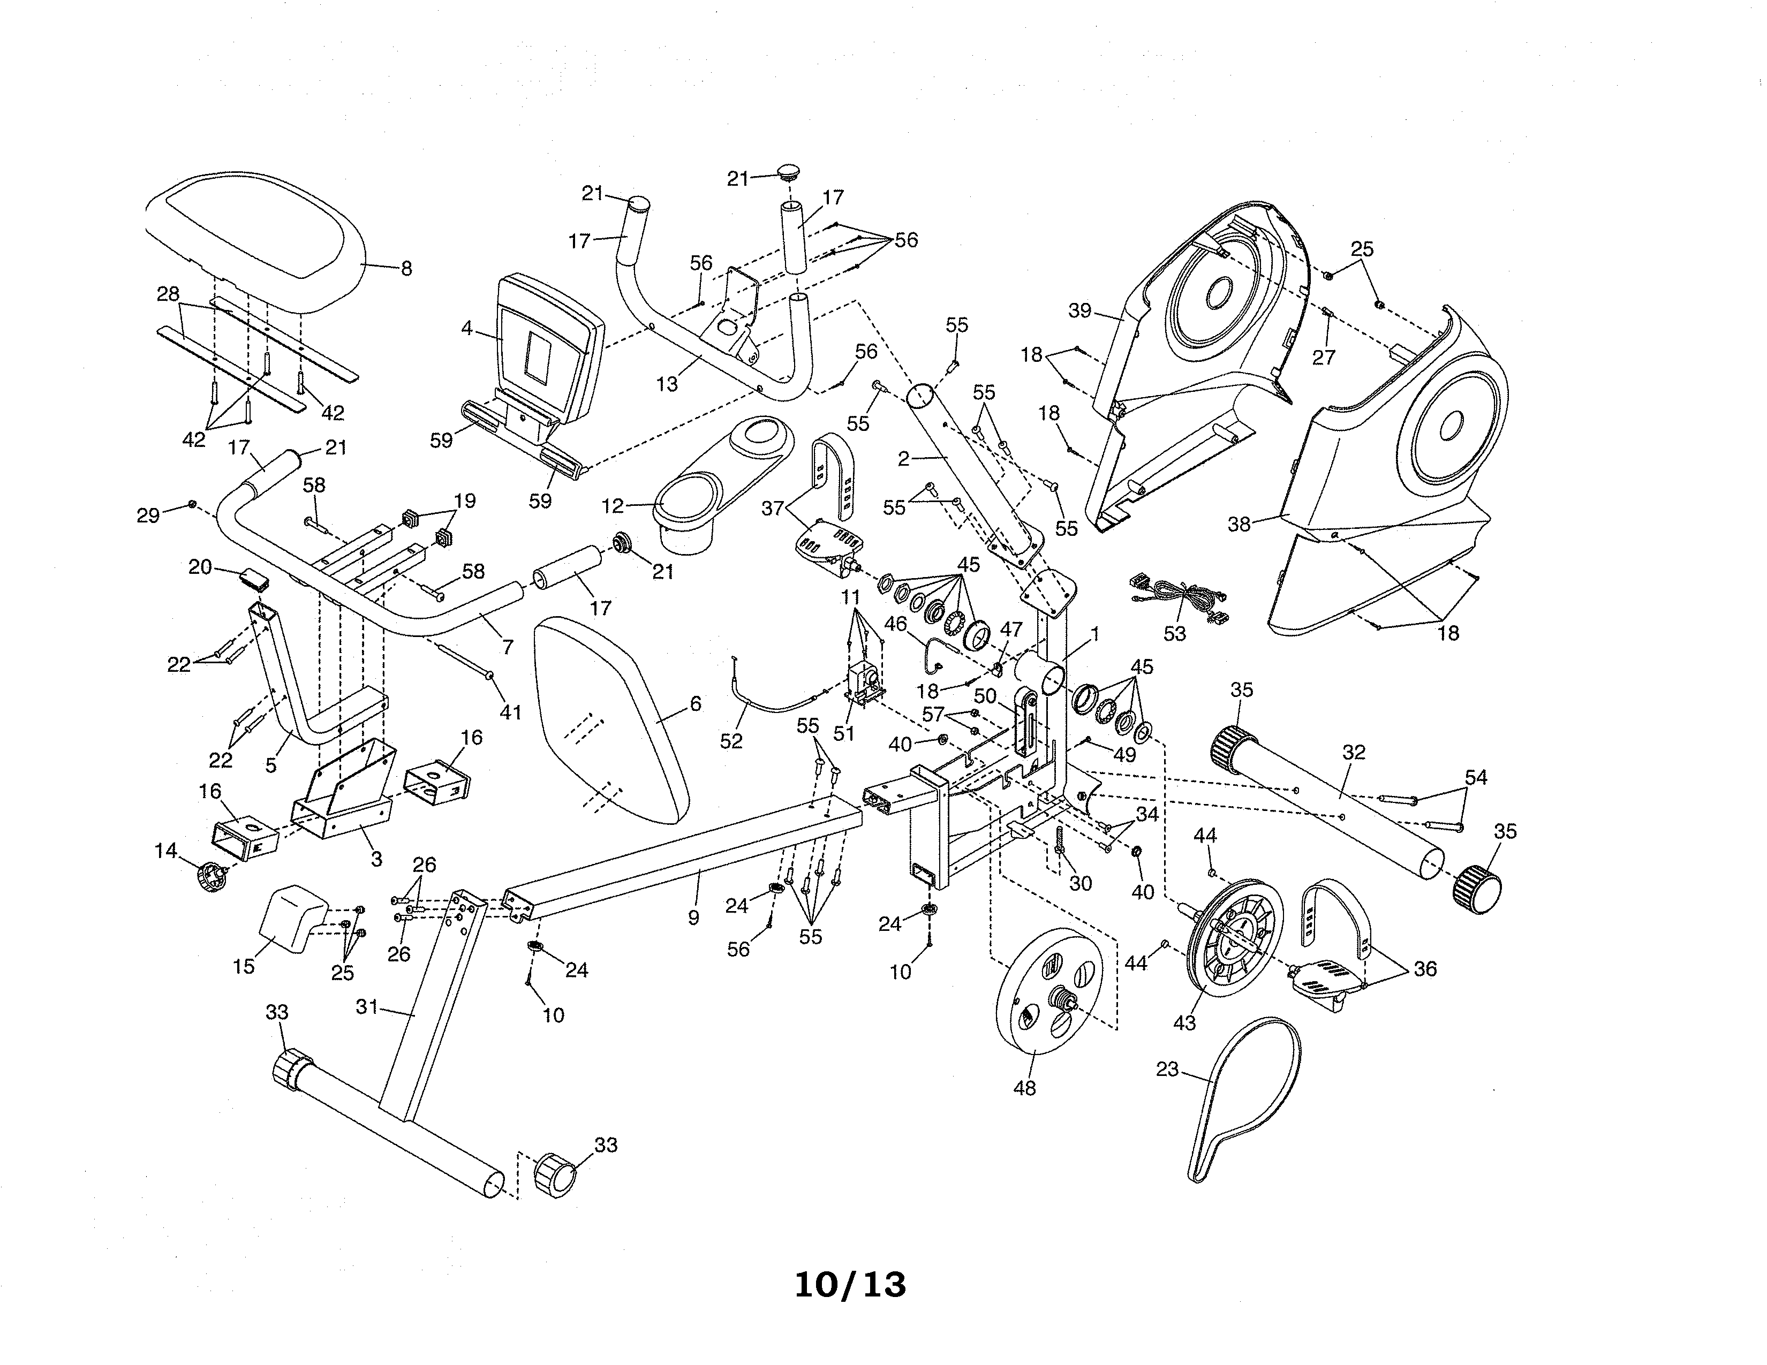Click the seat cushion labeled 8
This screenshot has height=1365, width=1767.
pos(255,234)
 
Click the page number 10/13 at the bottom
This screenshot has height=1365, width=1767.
pos(850,1285)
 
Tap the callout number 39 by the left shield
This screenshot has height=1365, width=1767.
pos(1080,310)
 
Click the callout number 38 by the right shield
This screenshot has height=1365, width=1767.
pos(1239,524)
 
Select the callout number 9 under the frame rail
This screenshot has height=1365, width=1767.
pos(693,918)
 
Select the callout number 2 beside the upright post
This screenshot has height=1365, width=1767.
pos(904,459)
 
